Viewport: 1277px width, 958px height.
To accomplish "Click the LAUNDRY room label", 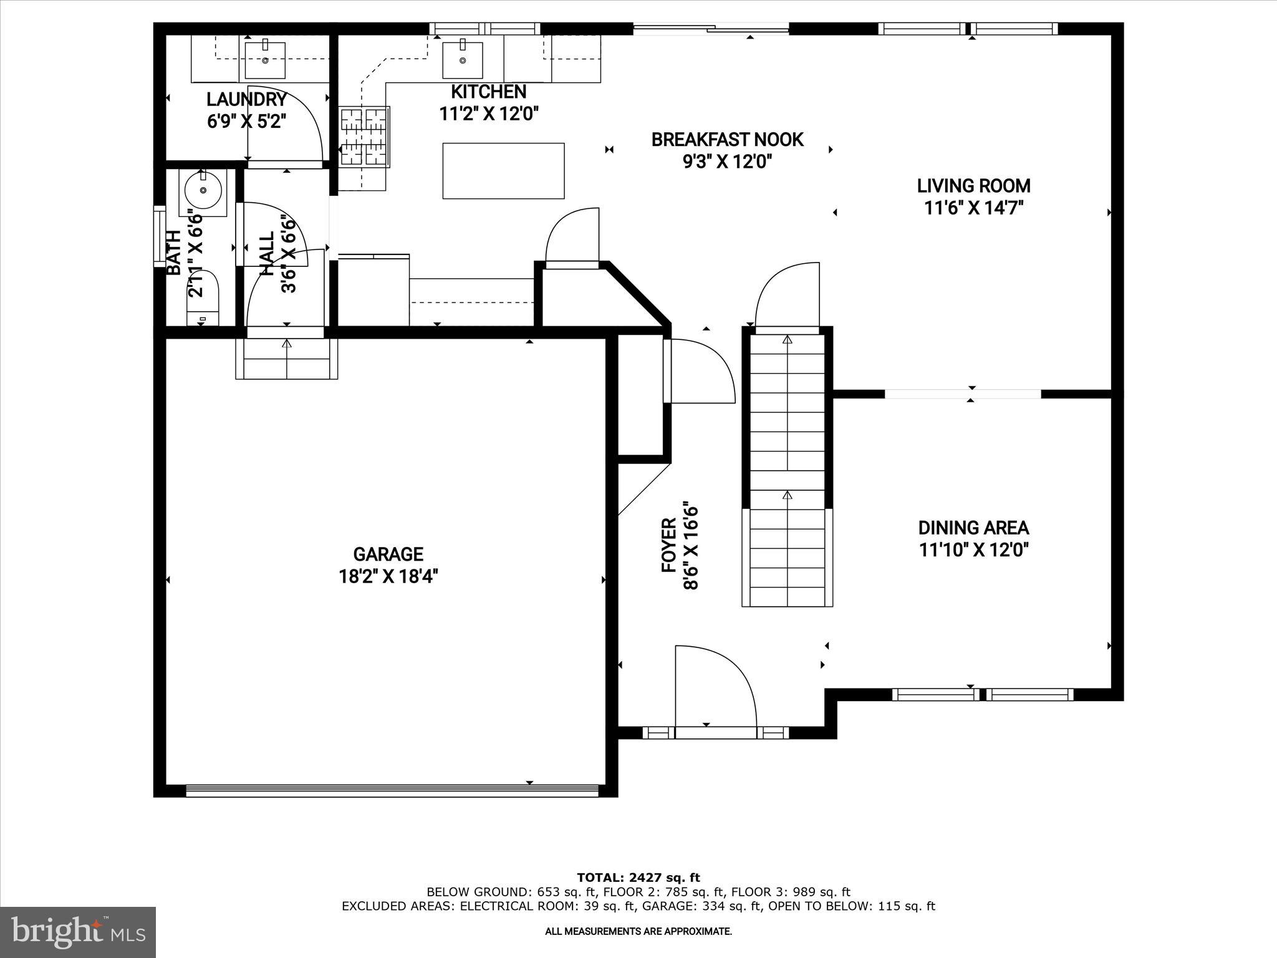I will pyautogui.click(x=246, y=99).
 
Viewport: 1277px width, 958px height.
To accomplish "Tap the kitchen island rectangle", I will pyautogui.click(x=503, y=171).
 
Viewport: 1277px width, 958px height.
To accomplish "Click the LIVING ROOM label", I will pyautogui.click(x=973, y=186).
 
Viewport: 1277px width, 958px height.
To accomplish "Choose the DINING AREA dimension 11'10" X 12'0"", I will pyautogui.click(x=973, y=550).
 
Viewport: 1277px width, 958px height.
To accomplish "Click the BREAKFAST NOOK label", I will pyautogui.click(x=727, y=140).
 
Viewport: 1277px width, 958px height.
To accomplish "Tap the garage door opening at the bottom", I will pyautogui.click(x=393, y=790).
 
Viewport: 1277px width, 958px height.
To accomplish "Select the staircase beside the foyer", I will pyautogui.click(x=787, y=468).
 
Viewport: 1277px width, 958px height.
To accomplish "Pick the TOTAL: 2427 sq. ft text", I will pyautogui.click(x=638, y=878).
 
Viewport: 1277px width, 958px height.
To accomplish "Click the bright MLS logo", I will pyautogui.click(x=78, y=932).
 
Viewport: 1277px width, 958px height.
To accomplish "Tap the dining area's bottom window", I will pyautogui.click(x=983, y=694).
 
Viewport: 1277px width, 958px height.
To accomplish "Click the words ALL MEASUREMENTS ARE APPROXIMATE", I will pyautogui.click(x=638, y=932).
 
